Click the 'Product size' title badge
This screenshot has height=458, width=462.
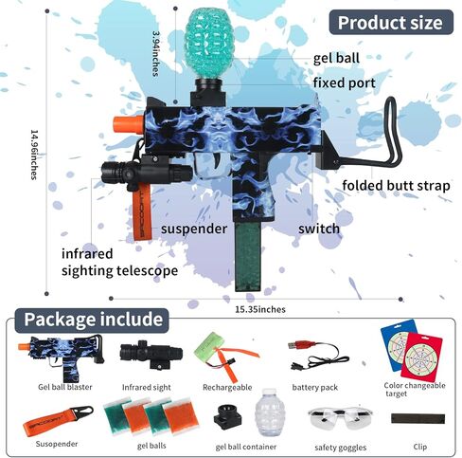coord(391,22)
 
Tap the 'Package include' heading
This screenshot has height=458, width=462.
coord(92,320)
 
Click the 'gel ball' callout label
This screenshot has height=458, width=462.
coord(336,59)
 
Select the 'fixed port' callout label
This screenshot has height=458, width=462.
coord(345,82)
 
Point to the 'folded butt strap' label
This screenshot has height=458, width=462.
coord(396,185)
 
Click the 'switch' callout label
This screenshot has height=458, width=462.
coord(319,229)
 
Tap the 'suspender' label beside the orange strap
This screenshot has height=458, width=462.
coord(194,229)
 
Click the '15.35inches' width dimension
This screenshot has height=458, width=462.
coord(260,309)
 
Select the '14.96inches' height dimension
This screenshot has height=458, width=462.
coord(34,155)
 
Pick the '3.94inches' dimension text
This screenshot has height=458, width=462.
coord(155,53)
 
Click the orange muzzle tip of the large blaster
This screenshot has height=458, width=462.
coord(129,125)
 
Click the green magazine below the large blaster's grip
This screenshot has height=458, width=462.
coord(248,256)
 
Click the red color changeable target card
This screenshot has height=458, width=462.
coord(421,357)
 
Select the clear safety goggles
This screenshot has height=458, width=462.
coord(340,418)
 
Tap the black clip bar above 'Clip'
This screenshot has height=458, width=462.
coord(418,418)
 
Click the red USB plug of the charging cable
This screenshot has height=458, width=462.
coord(297,344)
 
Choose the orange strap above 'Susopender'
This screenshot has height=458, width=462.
coord(58,421)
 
